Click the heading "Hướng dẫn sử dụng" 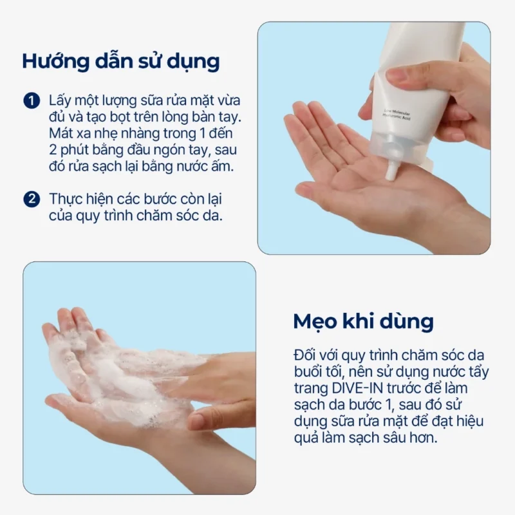tap(121, 61)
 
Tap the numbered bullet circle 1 tap(32, 100)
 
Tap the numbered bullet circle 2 tap(32, 199)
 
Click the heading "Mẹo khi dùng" tap(363, 321)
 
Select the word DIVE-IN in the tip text tap(357, 388)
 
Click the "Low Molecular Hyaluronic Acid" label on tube tap(397, 115)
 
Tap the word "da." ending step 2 tap(214, 216)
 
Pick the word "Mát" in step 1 tap(60, 133)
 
